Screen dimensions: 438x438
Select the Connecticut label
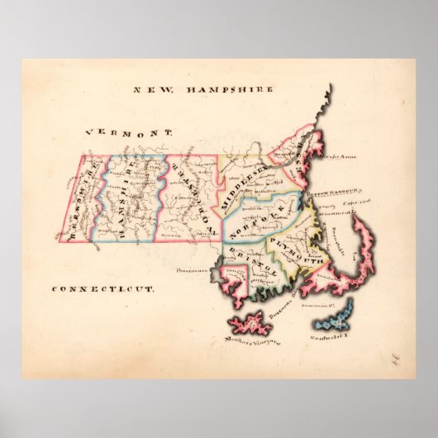103,289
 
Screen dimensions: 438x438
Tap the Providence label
189,268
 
